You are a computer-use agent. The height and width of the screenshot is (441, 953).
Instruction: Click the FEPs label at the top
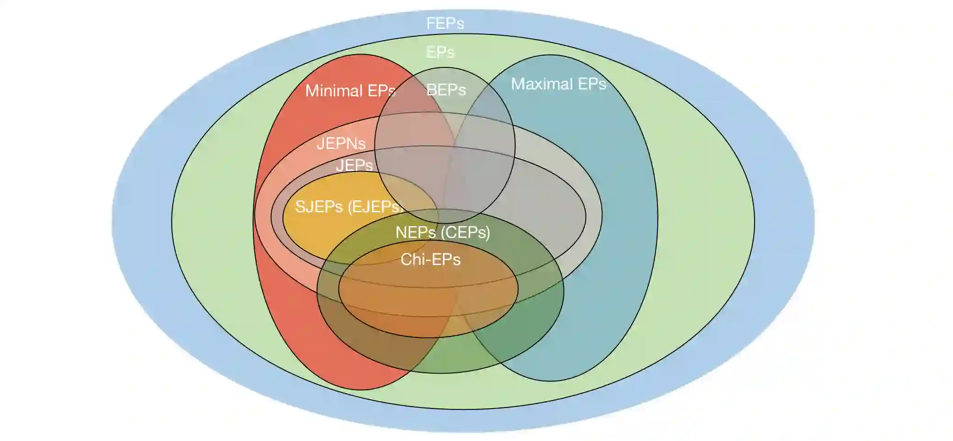point(445,23)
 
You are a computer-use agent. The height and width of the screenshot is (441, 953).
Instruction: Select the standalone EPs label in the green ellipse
point(440,52)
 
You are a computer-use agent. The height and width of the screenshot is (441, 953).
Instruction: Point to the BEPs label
point(446,90)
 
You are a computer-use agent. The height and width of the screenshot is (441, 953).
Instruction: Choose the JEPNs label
point(341,143)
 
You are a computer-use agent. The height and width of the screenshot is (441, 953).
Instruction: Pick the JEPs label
point(354,165)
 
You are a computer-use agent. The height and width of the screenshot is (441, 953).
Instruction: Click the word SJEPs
point(319,207)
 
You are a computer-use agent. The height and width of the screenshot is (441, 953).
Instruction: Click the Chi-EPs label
point(430,259)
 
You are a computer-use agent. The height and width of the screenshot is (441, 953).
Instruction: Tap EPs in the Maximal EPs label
point(592,84)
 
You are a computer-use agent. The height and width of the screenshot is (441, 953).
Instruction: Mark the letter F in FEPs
point(431,23)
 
